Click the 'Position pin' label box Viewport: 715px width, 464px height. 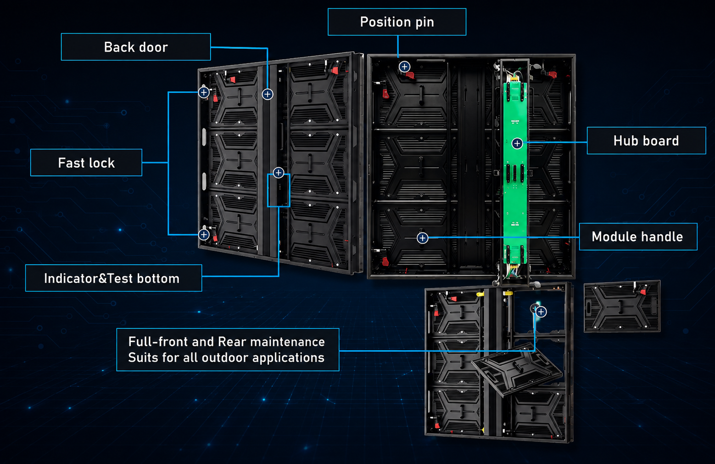(397, 22)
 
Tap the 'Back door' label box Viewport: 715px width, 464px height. (136, 47)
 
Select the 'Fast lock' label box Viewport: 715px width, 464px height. (86, 163)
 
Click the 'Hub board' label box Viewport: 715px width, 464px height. (646, 141)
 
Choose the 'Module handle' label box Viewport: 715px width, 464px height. (638, 237)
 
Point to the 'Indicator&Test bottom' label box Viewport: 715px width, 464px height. (114, 278)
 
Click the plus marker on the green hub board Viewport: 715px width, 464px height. (517, 143)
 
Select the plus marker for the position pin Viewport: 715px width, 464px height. (404, 67)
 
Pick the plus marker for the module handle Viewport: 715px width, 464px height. (422, 238)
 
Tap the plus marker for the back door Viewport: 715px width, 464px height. (268, 94)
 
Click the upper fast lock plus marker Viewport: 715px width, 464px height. (204, 93)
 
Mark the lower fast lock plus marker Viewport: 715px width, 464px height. (204, 235)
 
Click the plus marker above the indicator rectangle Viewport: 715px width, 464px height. (279, 173)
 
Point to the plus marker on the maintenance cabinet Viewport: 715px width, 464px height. (541, 311)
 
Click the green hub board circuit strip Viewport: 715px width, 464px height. (515, 173)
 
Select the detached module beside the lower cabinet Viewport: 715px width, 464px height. (622, 306)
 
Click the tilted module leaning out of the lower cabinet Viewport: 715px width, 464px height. (516, 369)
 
